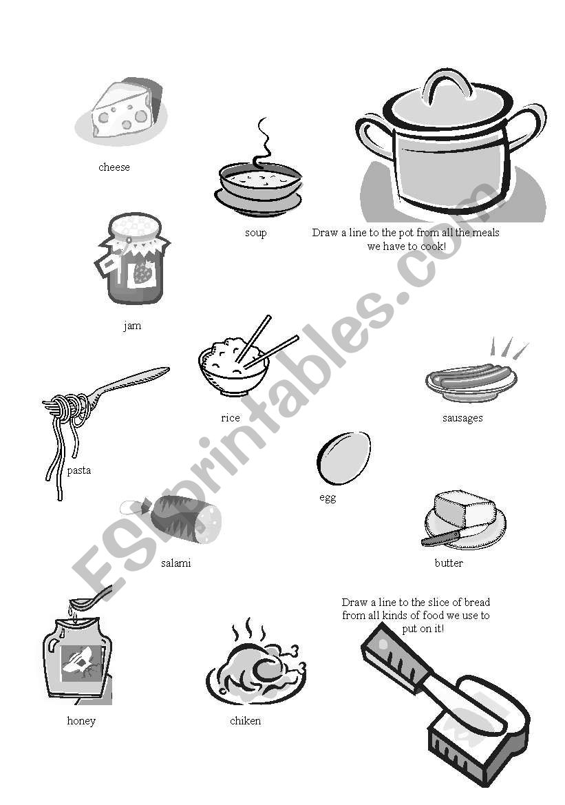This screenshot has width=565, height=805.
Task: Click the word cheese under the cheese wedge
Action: pyautogui.click(x=114, y=167)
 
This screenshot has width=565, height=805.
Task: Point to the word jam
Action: pyautogui.click(x=132, y=326)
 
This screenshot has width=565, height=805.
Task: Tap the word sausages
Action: pyautogui.click(x=462, y=418)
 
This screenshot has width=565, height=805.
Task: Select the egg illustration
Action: pyautogui.click(x=343, y=458)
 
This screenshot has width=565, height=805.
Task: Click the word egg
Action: pyautogui.click(x=328, y=498)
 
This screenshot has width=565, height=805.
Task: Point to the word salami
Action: pyautogui.click(x=176, y=563)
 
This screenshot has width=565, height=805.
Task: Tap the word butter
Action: pyautogui.click(x=449, y=563)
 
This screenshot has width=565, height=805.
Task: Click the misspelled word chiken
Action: pyautogui.click(x=245, y=721)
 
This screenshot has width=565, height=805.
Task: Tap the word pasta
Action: pyautogui.click(x=78, y=470)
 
